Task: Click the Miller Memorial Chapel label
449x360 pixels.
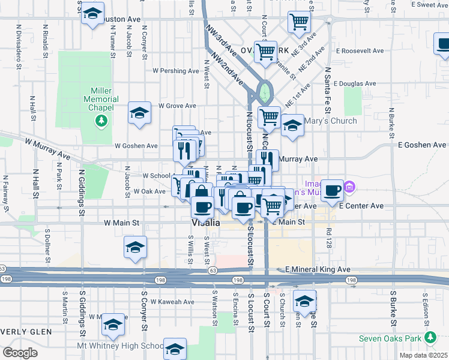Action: point(98,98)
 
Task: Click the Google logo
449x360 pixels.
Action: point(19,352)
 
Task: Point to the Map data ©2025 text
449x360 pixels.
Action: point(422,355)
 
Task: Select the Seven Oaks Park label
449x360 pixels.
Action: point(390,338)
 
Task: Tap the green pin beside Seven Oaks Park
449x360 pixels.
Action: point(430,338)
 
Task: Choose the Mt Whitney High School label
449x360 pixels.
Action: point(120,346)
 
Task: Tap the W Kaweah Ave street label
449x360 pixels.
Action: point(172,302)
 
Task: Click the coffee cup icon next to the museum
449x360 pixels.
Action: point(331,190)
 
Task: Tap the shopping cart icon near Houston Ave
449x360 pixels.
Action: point(299,22)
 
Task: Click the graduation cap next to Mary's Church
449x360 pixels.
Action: point(292,126)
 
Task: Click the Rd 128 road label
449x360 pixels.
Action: point(329,232)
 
